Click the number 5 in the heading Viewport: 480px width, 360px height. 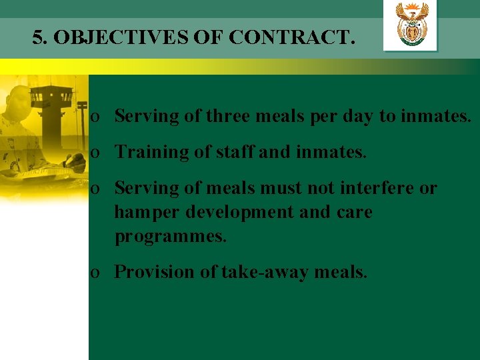pyautogui.click(x=37, y=37)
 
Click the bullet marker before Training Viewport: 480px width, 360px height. pyautogui.click(x=97, y=153)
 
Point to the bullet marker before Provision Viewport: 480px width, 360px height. pyautogui.click(x=97, y=273)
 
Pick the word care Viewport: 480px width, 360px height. pyautogui.click(x=353, y=213)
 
